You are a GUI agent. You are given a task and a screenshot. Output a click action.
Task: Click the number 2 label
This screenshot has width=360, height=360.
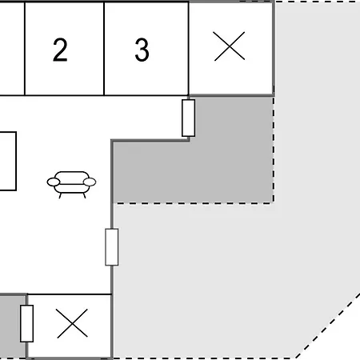pyautogui.click(x=60, y=50)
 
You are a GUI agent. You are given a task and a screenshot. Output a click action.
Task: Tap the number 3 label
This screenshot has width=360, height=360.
pyautogui.click(x=142, y=50)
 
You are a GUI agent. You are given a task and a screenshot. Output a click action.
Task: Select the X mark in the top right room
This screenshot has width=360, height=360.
pyautogui.click(x=230, y=46)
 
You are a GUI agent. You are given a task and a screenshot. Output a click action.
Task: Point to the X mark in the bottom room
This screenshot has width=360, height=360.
pyautogui.click(x=72, y=323)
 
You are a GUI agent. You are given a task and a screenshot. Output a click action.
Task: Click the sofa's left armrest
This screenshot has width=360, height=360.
pyautogui.click(x=54, y=182)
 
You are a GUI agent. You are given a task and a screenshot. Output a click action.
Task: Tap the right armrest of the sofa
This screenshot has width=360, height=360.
pyautogui.click(x=90, y=182)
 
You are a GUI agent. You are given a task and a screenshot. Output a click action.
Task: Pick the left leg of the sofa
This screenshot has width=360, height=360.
pyautogui.click(x=60, y=195)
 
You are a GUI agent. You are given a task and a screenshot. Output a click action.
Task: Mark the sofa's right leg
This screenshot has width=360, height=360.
pyautogui.click(x=85, y=195)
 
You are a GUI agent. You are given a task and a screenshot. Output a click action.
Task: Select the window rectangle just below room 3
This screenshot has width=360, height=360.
pyautogui.click(x=189, y=118)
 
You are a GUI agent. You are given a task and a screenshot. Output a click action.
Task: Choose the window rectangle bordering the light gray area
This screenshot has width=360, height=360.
pyautogui.click(x=112, y=247)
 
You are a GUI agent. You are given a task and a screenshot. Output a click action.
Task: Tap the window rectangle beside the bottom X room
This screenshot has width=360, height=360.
pyautogui.click(x=26, y=323)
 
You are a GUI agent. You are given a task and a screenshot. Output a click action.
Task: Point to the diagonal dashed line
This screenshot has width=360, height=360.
pyautogui.click(x=327, y=326)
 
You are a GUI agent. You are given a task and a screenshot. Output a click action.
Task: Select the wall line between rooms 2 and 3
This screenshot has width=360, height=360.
pyautogui.click(x=104, y=49)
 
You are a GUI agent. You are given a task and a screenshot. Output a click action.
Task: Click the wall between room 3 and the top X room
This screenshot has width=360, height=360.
pyautogui.click(x=189, y=49)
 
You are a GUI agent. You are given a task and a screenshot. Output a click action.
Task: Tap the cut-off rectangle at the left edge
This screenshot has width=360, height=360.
pyautogui.click(x=8, y=161)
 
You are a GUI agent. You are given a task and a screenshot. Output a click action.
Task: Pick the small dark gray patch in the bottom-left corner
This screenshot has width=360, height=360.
pyautogui.click(x=13, y=326)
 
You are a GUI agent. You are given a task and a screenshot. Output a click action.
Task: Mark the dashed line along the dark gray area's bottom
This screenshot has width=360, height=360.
pyautogui.click(x=194, y=203)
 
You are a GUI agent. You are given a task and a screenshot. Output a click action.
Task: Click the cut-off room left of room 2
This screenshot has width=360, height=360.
pyautogui.click(x=12, y=49)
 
